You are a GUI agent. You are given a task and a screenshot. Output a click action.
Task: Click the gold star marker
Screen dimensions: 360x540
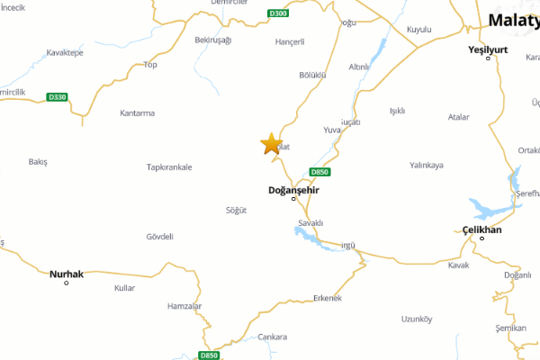coord(270,144)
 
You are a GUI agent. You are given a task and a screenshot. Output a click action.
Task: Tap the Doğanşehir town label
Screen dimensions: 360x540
coord(293,190)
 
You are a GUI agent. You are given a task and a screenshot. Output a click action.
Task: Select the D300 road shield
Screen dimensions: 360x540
coord(278,13)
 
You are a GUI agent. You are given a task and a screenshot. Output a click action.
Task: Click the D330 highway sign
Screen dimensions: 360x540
coord(58,97)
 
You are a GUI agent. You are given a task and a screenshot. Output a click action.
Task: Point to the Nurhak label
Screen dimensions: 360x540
coord(66,274)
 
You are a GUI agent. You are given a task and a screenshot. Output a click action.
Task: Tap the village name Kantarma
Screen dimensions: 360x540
coord(138,113)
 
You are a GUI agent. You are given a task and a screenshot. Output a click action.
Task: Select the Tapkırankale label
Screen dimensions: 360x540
coord(170,167)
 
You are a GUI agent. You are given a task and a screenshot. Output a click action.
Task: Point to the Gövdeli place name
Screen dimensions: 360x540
coord(159,237)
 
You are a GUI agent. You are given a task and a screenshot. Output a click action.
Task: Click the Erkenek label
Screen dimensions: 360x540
coord(328,298)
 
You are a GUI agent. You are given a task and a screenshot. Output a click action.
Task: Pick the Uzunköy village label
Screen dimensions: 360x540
coord(417,319)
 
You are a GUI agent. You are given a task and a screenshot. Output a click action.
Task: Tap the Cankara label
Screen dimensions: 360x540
coord(272,337)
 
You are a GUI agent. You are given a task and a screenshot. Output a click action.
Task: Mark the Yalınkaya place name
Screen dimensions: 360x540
coord(427,166)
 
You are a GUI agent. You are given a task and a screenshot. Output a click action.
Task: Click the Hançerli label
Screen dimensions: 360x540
coord(291,41)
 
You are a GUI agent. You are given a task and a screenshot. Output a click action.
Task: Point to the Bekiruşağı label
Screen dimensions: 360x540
coord(213,40)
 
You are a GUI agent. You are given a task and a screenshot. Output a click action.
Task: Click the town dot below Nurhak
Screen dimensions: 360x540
coord(66,283)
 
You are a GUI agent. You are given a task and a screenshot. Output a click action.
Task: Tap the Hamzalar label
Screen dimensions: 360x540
coord(184,307)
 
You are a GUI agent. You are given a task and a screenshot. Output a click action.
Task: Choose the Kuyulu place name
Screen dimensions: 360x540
coord(419,30)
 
